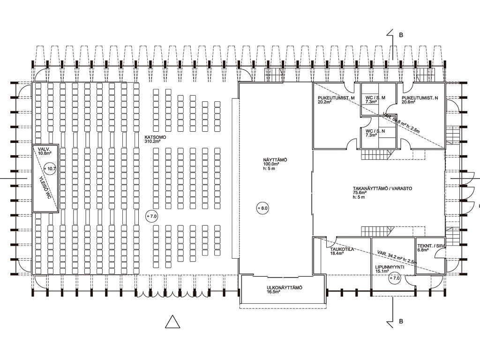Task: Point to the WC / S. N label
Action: [375, 133]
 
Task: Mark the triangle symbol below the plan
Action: [173, 322]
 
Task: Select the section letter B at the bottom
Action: [401, 322]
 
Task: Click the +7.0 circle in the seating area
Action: [151, 217]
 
